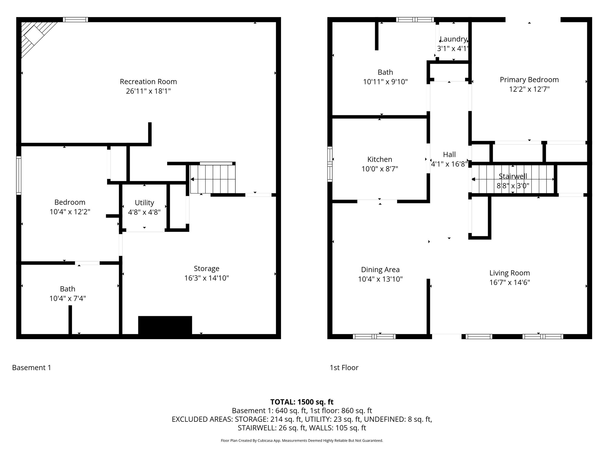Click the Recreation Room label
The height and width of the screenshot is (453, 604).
click(148, 82)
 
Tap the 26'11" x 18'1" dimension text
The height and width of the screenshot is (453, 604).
click(148, 91)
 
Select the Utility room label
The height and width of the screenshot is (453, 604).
click(144, 203)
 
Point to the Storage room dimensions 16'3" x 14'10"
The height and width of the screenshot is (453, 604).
click(207, 278)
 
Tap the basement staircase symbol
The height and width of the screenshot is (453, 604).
click(213, 179)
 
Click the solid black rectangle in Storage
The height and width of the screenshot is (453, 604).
click(165, 325)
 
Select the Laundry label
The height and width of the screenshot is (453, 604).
click(453, 39)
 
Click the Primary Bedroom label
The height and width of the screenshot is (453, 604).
click(529, 80)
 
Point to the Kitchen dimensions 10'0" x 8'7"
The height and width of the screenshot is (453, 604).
click(380, 169)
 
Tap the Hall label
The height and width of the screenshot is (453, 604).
click(449, 155)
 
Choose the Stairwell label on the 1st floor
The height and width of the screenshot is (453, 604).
click(513, 176)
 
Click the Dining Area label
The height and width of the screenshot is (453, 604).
click(380, 270)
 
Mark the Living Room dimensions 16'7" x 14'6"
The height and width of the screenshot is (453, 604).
click(510, 283)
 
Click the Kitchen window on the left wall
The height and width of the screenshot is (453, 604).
click(330, 164)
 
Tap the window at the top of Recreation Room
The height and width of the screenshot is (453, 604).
click(75, 20)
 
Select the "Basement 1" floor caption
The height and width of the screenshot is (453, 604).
click(32, 367)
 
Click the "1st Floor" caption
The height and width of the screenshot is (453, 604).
click(344, 367)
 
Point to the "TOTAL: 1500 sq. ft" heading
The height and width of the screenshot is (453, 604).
click(302, 402)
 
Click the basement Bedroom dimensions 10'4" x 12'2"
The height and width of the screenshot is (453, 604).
click(70, 212)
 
